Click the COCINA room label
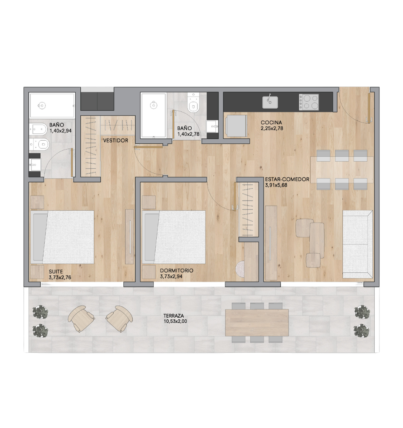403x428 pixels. tap(271, 123)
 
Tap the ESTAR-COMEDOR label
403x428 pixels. tap(287, 179)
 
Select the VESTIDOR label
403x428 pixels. tap(115, 141)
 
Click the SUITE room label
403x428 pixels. tap(56, 270)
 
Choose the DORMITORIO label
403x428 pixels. tap(176, 270)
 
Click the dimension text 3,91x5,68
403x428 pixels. tap(276, 185)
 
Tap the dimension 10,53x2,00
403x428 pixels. tap(175, 321)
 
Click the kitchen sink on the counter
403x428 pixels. tap(270, 102)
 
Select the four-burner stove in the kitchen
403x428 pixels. tap(309, 102)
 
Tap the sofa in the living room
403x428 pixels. tap(357, 244)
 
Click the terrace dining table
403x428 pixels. tap(257, 322)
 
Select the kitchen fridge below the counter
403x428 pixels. tap(235, 125)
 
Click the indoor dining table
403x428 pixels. tap(341, 169)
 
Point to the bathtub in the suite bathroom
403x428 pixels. tap(52, 105)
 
